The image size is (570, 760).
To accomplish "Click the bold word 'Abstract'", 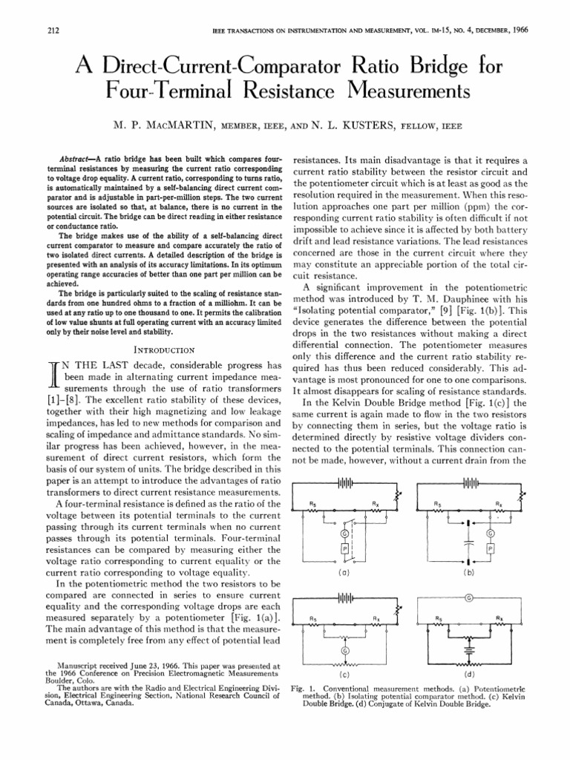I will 78,159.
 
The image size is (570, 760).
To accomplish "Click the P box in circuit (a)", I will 344,548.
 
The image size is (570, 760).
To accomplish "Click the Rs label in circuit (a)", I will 312,503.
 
